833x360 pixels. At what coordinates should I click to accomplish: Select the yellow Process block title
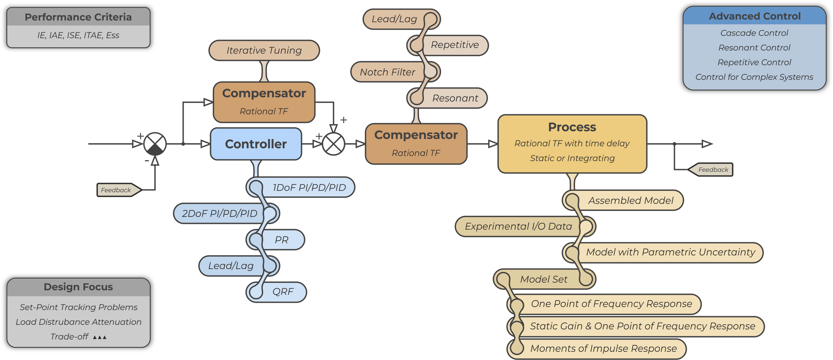(572, 127)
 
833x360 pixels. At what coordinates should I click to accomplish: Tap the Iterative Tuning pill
(264, 51)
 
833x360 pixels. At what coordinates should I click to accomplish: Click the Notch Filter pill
(387, 72)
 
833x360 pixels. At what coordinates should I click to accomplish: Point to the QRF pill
(283, 292)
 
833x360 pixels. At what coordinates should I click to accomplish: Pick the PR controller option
(281, 240)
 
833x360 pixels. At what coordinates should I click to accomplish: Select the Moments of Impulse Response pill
(603, 348)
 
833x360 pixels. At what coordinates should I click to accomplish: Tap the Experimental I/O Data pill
(518, 226)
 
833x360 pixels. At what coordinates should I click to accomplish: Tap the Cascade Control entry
(754, 33)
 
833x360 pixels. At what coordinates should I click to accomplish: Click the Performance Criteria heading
(78, 17)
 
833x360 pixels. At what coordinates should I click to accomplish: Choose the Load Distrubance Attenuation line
(78, 322)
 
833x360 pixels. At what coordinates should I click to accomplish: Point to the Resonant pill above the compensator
(455, 98)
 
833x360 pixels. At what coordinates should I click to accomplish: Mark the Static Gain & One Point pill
(642, 326)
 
